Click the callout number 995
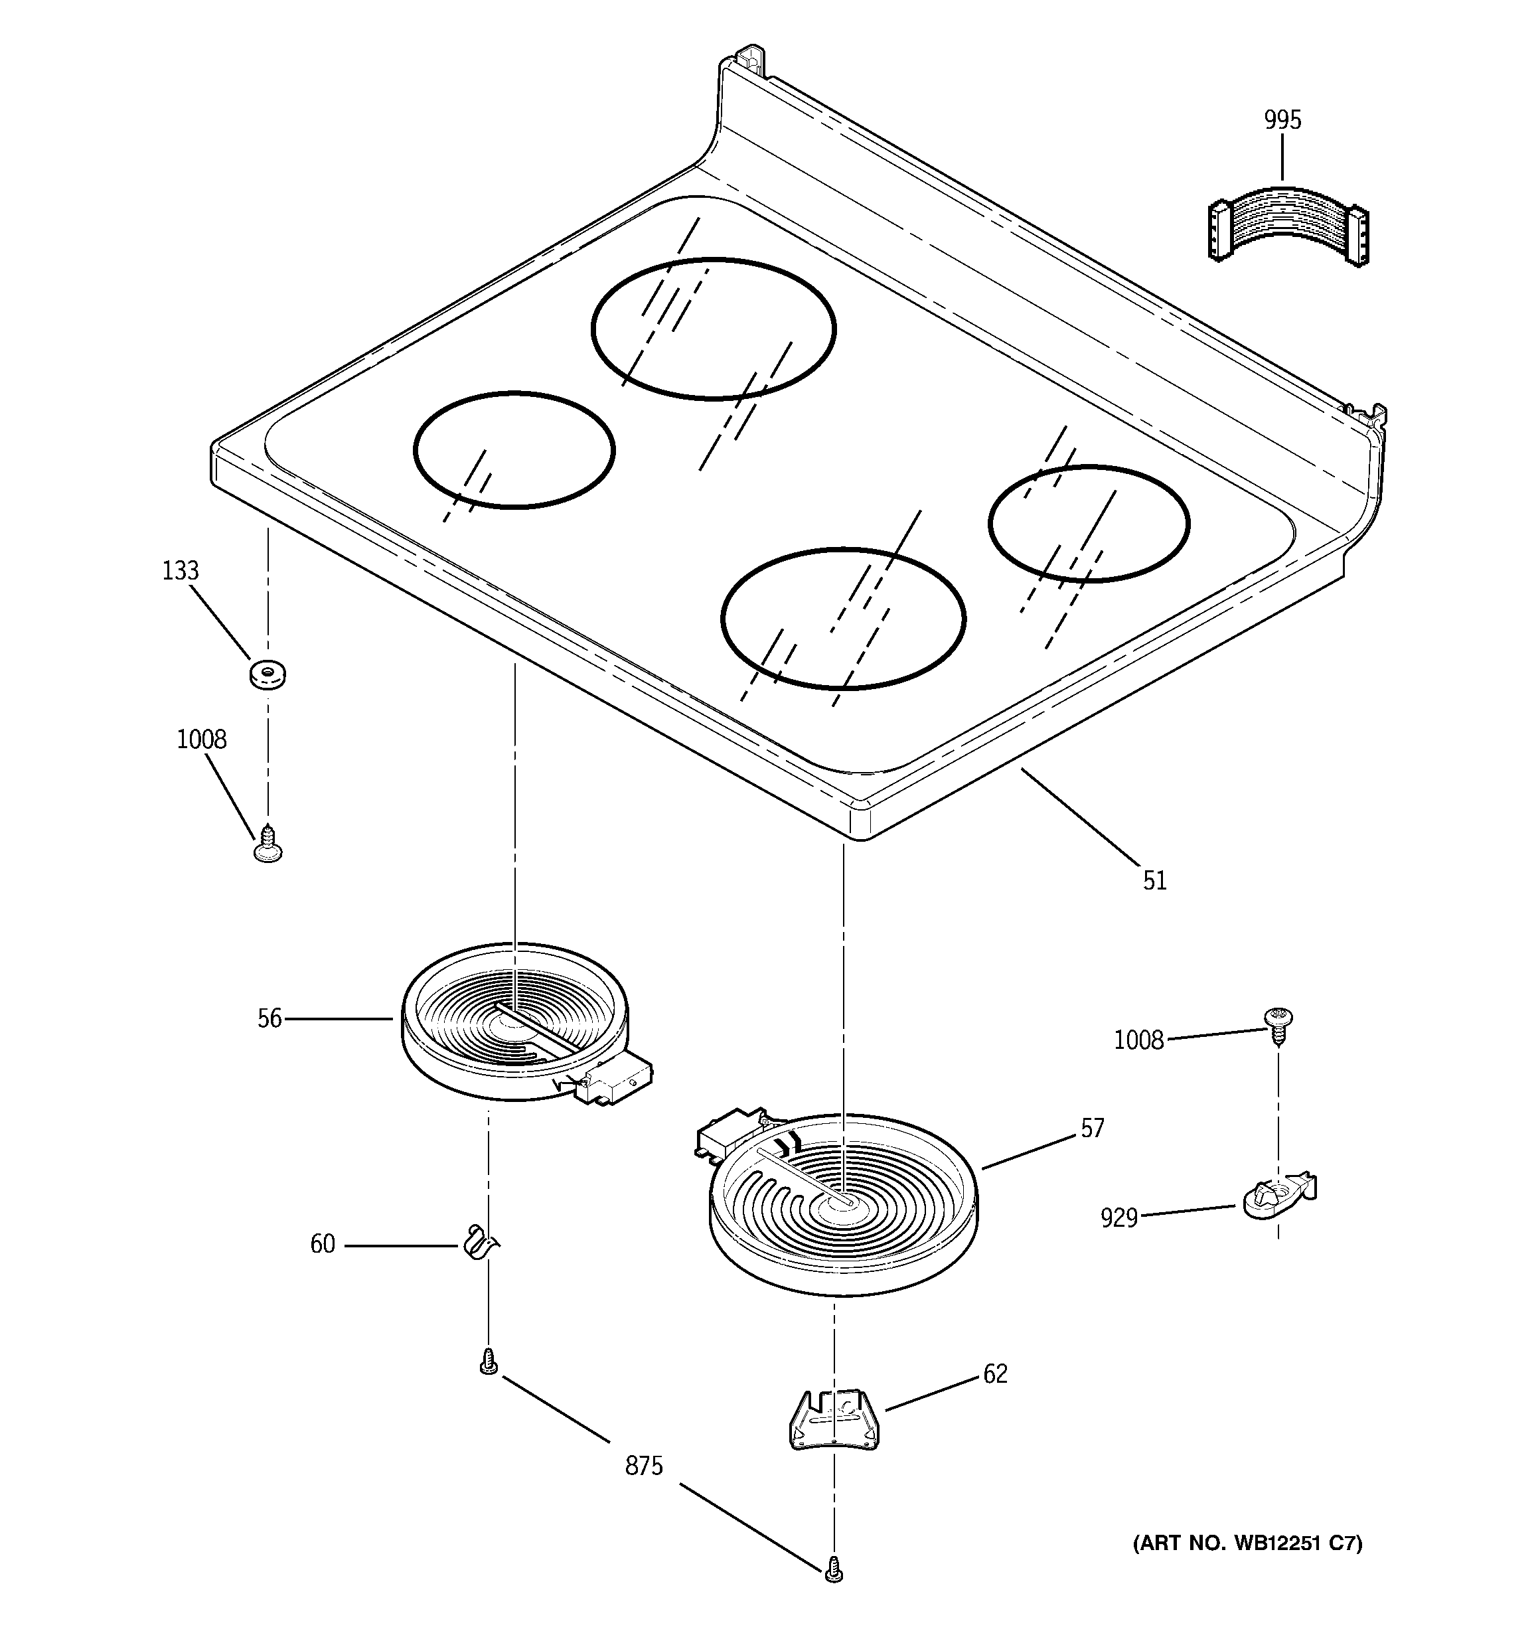(x=1282, y=121)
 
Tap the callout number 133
(x=180, y=570)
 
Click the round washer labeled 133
(x=268, y=674)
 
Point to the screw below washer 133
(x=267, y=844)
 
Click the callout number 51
(x=1155, y=881)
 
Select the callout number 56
(x=269, y=1019)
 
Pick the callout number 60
(x=323, y=1245)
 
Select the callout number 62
(x=995, y=1374)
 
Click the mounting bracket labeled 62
(x=832, y=1420)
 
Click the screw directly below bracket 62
(x=834, y=1569)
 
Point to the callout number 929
(x=1118, y=1218)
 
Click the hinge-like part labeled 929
(x=1278, y=1195)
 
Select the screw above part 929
(x=1278, y=1026)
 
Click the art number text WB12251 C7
(x=1247, y=1543)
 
